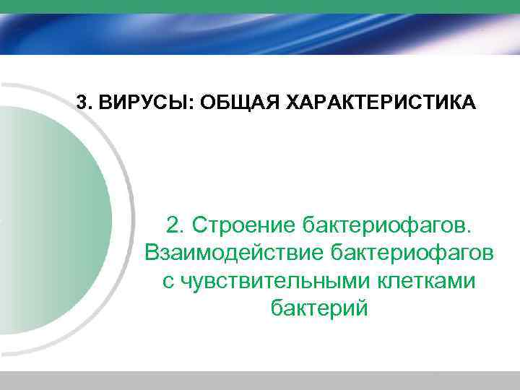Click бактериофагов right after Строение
pos(389,225)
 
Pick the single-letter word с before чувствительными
pos(168,281)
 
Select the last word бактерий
pos(319,308)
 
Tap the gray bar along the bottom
pos(260,381)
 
